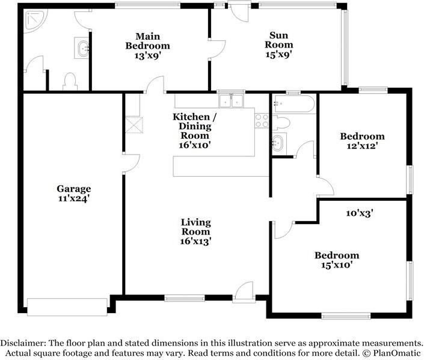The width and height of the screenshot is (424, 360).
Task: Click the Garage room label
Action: pyautogui.click(x=73, y=189)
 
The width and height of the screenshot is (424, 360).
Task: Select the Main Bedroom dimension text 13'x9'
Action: pyautogui.click(x=148, y=55)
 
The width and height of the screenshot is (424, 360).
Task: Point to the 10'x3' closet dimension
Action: pyautogui.click(x=360, y=213)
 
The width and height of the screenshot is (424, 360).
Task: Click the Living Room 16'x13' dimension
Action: pyautogui.click(x=195, y=241)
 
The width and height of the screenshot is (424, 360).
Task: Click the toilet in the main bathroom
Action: pyautogui.click(x=70, y=81)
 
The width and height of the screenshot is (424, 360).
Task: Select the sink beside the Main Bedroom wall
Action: pyautogui.click(x=82, y=48)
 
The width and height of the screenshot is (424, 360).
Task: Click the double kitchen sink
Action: pyautogui.click(x=231, y=101)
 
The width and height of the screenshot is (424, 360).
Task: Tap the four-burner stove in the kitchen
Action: pyautogui.click(x=262, y=121)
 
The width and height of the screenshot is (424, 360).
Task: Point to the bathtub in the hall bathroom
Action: pyautogui.click(x=294, y=103)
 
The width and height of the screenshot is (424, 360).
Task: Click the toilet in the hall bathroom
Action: pyautogui.click(x=281, y=123)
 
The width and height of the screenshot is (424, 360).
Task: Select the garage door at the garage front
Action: pyautogui.click(x=67, y=307)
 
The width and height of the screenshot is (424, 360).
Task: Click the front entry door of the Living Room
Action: pyautogui.click(x=244, y=292)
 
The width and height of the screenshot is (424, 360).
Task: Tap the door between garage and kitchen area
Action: pyautogui.click(x=131, y=163)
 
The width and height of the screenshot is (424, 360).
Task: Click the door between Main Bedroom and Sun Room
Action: pyautogui.click(x=217, y=49)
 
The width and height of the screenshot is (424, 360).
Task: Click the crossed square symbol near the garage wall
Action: pyautogui.click(x=134, y=125)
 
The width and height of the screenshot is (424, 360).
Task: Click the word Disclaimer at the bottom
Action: pyautogui.click(x=23, y=343)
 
